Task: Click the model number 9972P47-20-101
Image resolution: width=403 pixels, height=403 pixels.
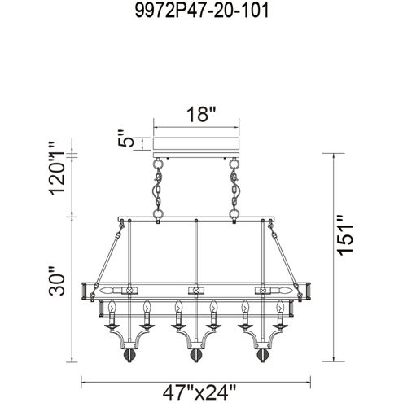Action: [202, 11]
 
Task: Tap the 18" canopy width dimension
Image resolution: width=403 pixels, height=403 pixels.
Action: [201, 114]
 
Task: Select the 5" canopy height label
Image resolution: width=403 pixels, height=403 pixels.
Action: [126, 138]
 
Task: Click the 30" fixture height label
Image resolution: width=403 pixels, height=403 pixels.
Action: [57, 281]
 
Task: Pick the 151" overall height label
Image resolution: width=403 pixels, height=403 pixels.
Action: [345, 235]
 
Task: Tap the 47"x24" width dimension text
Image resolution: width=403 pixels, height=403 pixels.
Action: [199, 392]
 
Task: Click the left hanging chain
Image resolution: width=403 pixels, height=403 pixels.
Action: [158, 191]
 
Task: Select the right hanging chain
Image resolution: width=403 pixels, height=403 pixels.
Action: [234, 191]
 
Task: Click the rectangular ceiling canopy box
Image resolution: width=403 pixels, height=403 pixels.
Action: [196, 143]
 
